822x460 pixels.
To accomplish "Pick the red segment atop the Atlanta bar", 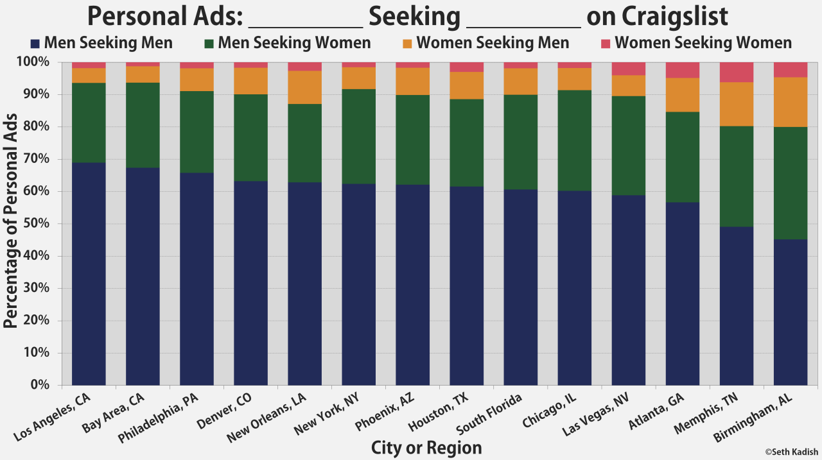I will tap(683, 70).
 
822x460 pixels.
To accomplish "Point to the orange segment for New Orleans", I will tap(304, 87).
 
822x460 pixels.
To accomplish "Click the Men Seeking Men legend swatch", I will tap(35, 44).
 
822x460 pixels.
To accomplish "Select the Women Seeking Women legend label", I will tap(703, 43).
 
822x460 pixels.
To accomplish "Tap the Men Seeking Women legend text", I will tap(294, 43).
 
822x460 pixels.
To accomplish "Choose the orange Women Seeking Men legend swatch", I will tap(407, 44).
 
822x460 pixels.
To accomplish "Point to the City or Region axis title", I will tap(426, 448).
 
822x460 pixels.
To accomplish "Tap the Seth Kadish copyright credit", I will tap(791, 452).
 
